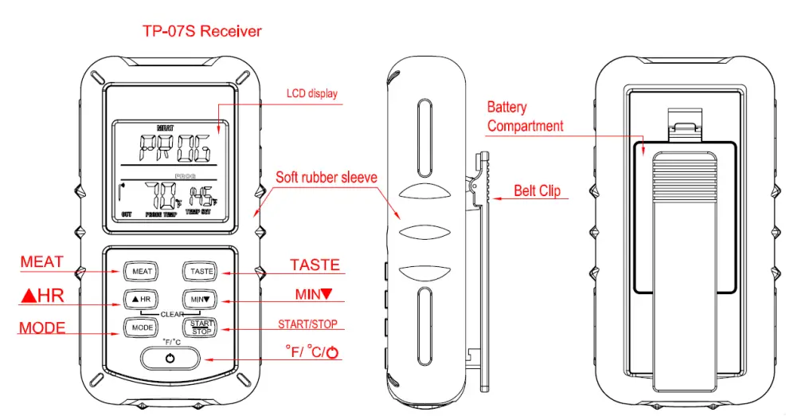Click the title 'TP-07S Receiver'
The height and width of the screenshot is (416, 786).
(201, 32)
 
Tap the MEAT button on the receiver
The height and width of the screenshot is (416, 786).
(142, 271)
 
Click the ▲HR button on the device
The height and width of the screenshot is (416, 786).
(142, 299)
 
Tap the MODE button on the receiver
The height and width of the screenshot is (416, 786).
(142, 328)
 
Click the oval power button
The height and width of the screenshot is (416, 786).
(170, 359)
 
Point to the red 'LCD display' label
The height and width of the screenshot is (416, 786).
(311, 93)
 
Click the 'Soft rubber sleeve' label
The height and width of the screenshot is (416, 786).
(327, 177)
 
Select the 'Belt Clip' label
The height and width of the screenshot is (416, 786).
(537, 190)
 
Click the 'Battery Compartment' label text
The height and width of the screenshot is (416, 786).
(525, 116)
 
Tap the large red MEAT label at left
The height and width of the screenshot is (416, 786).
(41, 262)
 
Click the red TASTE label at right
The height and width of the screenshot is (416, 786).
(315, 265)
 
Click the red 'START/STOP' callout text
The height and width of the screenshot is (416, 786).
(307, 324)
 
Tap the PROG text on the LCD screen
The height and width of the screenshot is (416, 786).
(171, 147)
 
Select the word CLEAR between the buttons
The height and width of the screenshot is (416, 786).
(172, 313)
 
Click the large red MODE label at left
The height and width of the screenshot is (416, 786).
(42, 328)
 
